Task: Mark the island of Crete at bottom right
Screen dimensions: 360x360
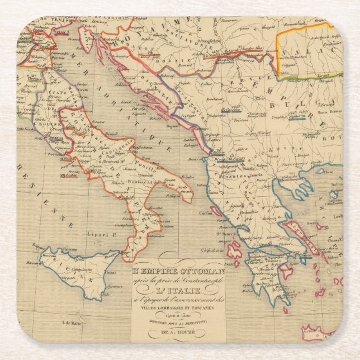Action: click(x=321, y=330)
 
